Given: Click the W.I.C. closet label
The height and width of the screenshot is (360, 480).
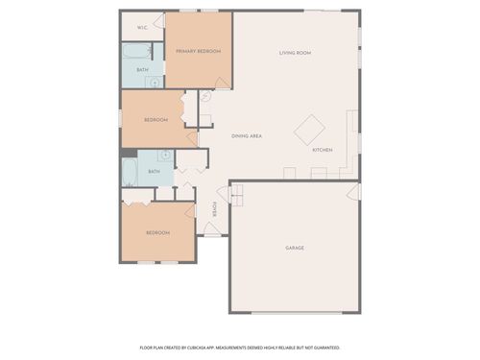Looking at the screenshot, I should coord(142,28).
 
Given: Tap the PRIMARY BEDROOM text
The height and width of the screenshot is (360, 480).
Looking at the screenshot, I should coord(198,51).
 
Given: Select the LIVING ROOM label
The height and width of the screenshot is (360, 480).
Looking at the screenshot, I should coord(295,53).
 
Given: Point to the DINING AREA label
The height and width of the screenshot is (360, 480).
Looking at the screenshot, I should coord(247,136).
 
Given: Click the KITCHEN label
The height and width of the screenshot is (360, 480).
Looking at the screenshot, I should coord(323,151).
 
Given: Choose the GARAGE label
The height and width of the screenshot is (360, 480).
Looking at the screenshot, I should coord(295,248).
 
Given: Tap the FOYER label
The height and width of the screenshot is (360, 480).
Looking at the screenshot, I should coord(215,208).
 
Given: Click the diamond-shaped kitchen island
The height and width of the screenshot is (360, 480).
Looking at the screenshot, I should coord(310,129).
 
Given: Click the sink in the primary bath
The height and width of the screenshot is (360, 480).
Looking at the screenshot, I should coord(155,83).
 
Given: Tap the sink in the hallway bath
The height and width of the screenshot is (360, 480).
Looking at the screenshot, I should coord(164,155).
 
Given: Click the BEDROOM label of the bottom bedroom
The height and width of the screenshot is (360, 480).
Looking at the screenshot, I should coord(157,232).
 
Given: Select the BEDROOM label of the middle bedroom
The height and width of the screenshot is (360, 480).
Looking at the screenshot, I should coord(156,120).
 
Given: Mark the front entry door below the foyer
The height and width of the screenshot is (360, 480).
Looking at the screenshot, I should coord(215,235).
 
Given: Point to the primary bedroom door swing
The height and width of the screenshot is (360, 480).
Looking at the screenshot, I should coord(222,84).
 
